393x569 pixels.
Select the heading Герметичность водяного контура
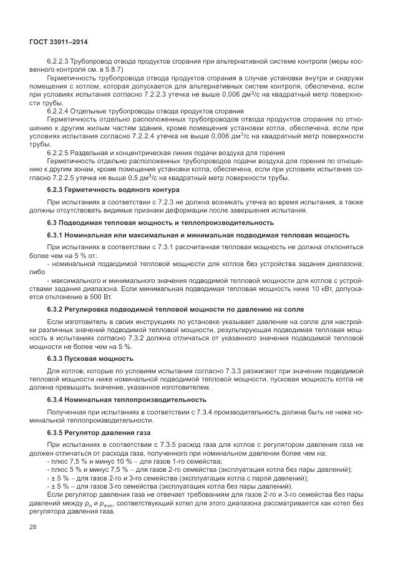click(125, 189)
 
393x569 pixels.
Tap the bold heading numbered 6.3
click(161, 222)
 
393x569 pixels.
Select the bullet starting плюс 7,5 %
click(112, 462)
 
